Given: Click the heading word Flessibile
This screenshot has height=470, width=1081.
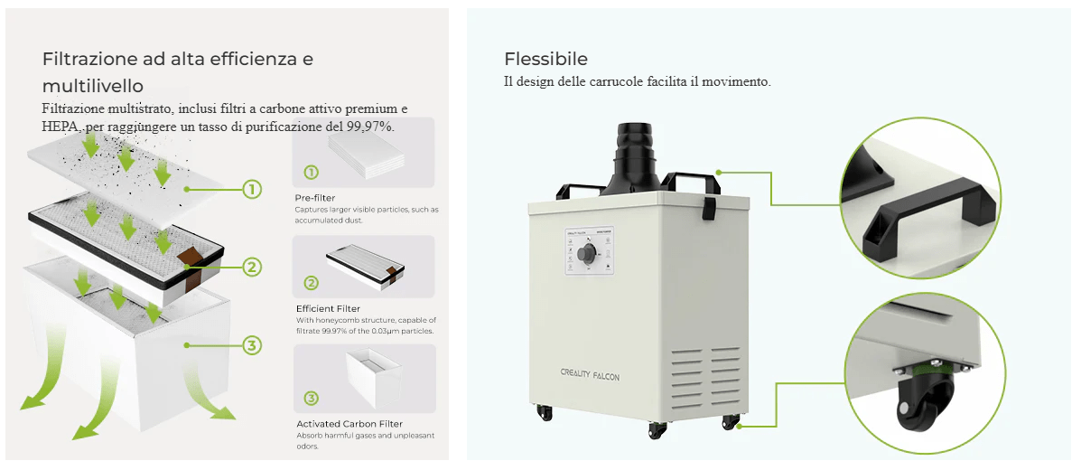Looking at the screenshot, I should [x=545, y=60].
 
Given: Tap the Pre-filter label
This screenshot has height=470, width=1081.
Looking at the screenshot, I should [x=315, y=198].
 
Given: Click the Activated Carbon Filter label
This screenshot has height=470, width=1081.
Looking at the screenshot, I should [x=349, y=424].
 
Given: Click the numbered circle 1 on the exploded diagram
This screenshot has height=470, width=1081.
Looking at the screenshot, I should [x=252, y=189].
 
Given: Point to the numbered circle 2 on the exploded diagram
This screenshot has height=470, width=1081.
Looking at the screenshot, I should [x=252, y=267].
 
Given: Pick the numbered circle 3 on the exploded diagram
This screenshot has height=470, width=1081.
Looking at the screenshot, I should [x=252, y=344].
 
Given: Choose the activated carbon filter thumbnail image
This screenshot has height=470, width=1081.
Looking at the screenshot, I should [x=366, y=377].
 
